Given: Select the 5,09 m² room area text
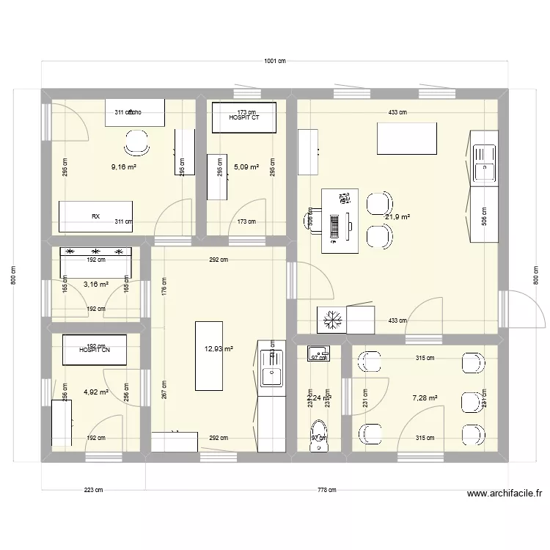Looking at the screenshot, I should [x=246, y=166].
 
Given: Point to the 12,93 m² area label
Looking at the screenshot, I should [x=219, y=349].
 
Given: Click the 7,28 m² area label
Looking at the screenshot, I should [x=425, y=398].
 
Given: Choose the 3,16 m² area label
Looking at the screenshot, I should [x=96, y=285].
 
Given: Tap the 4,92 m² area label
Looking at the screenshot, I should [x=96, y=392].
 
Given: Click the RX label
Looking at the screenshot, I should [x=95, y=217].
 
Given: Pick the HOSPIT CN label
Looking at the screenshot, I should [x=95, y=351].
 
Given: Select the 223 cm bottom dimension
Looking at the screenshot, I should [x=93, y=491].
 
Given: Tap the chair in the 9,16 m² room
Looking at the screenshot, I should [x=136, y=143].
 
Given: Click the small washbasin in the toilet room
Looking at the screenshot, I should [x=318, y=352].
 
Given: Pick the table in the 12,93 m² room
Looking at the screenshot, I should [x=206, y=356].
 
